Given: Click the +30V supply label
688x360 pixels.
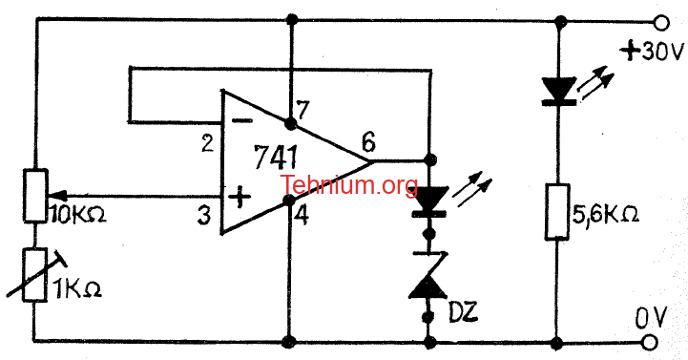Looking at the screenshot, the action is click(652, 52).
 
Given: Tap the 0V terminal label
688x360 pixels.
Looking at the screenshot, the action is click(651, 318).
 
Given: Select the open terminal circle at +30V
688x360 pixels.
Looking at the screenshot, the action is click(661, 22).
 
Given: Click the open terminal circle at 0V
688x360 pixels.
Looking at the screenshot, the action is click(650, 343).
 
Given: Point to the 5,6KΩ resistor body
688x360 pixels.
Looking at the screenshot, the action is click(557, 212).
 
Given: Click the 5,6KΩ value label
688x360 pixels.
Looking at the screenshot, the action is click(606, 215).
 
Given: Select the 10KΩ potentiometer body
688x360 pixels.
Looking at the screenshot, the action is click(35, 196).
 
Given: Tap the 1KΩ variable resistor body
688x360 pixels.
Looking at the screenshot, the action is click(35, 275).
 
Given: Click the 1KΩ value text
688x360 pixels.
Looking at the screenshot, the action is click(77, 289).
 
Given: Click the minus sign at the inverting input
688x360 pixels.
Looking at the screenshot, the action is click(241, 120).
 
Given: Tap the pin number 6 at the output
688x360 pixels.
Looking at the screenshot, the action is click(369, 142).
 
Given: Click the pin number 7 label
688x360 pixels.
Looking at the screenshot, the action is click(302, 110).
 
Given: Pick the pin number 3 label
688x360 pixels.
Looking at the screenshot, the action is click(203, 216).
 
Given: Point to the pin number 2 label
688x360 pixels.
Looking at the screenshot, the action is click(207, 143).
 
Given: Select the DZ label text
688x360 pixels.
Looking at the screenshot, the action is click(463, 311).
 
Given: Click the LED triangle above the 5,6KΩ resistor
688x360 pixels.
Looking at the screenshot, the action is click(558, 89).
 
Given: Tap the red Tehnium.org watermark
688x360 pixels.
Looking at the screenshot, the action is click(349, 185).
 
